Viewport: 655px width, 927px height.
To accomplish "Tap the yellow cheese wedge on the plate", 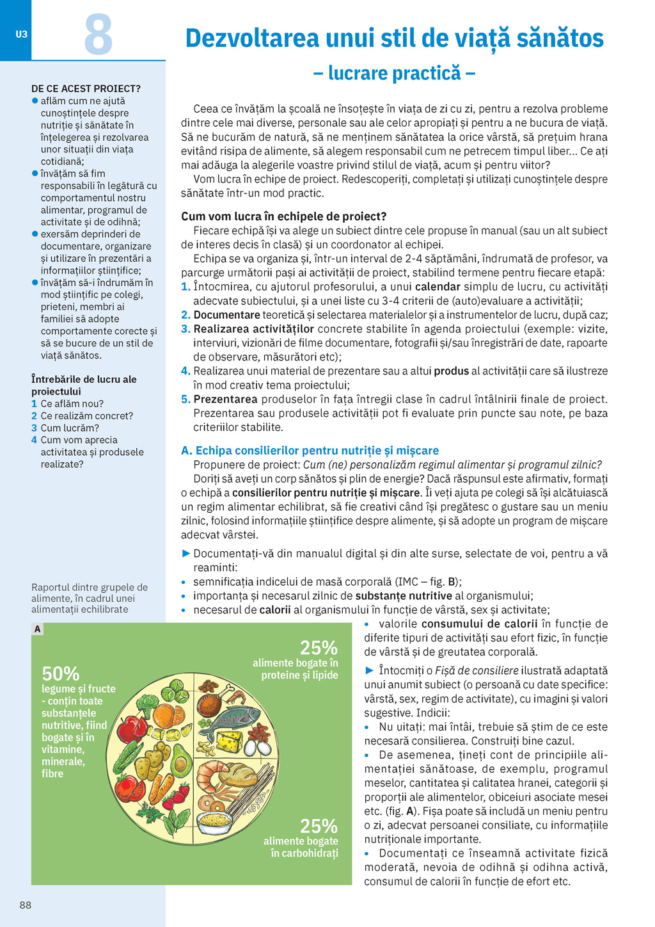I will pos(232,743).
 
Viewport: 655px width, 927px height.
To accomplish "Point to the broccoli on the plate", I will pos(148,705).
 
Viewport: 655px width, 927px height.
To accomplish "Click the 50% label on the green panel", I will pos(61,673).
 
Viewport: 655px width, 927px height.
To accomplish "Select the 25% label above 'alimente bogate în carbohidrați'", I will pos(319,825).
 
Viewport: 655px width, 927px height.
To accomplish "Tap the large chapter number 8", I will pos(99,35).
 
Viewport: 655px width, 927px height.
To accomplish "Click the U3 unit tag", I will pos(22,34).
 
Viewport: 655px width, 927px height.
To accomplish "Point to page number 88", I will pos(26,905).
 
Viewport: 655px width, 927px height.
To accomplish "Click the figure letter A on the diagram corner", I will pos(38,629).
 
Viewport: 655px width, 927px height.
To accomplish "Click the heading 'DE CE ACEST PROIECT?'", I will pos(86,88).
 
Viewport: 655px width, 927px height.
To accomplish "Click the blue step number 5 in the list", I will pos(185,399).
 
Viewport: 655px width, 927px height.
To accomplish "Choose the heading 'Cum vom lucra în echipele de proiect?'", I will pos(284,216).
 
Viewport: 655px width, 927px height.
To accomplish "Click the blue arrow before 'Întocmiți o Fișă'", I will pos(369,670).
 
